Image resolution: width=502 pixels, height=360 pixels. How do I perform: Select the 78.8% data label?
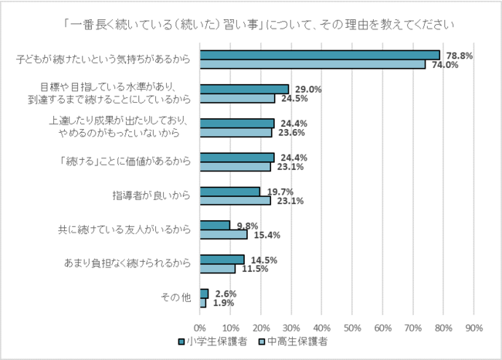[x=457, y=55]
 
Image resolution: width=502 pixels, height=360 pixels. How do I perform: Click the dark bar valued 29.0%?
[x=244, y=89]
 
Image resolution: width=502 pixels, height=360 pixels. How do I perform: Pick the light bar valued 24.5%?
[x=237, y=98]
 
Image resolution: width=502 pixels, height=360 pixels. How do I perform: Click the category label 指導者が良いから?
[x=151, y=195]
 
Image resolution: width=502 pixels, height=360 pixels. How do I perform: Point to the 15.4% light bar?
[x=223, y=234]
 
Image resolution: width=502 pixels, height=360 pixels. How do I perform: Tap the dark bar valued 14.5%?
[x=222, y=260]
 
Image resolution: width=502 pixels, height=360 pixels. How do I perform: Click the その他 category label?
[x=175, y=298]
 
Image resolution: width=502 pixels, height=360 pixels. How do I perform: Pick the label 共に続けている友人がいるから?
[x=124, y=229]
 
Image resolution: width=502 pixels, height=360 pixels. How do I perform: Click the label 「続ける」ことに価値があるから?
[x=124, y=161]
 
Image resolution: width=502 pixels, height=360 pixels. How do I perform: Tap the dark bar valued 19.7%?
[x=229, y=191]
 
